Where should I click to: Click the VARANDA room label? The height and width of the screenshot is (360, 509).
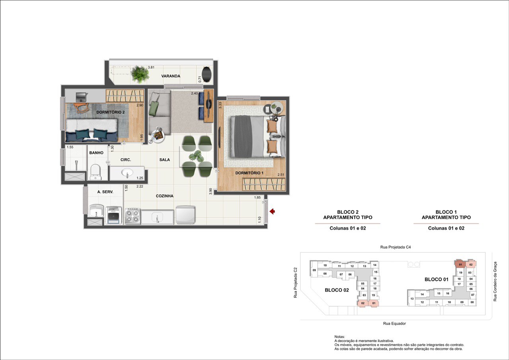(171, 76)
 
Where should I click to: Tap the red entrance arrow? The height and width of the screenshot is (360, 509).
(272, 212)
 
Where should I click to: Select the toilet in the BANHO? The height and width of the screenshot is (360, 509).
(96, 172)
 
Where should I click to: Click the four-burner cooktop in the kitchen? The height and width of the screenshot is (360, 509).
(133, 216)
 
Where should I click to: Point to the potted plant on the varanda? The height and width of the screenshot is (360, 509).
(140, 74)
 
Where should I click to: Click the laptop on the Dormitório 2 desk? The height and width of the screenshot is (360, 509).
(81, 97)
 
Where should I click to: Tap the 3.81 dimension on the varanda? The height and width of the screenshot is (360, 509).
(151, 67)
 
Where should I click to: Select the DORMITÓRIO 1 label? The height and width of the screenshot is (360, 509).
(249, 173)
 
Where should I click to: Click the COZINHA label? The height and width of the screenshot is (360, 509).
(165, 196)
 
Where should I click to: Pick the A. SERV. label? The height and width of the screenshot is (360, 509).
(105, 192)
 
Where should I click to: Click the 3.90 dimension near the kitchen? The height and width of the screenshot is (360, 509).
(211, 191)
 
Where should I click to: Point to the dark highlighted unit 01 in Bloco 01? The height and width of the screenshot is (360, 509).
(460, 264)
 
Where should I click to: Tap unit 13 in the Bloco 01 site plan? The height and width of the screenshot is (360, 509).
(412, 299)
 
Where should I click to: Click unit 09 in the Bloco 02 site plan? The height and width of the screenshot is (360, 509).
(314, 270)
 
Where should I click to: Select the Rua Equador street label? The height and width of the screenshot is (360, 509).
(394, 323)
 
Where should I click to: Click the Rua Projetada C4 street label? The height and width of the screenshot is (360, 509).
(396, 247)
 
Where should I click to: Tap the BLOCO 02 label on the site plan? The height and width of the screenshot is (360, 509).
(337, 290)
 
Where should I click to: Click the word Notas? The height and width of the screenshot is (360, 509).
(340, 337)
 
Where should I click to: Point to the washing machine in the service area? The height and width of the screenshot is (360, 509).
(113, 216)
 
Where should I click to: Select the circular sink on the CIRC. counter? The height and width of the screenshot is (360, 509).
(127, 173)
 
